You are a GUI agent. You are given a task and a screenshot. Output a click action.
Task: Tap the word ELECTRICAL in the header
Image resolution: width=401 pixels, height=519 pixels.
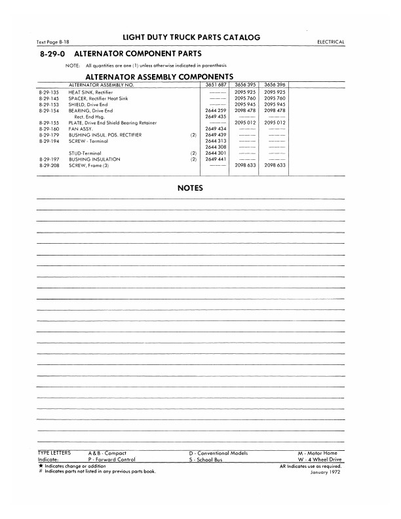pos(331,42)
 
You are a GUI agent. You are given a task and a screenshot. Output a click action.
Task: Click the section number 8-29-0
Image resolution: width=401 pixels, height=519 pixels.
pos(53,54)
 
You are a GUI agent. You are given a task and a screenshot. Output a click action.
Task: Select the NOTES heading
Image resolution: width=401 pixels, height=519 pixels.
pos(191,188)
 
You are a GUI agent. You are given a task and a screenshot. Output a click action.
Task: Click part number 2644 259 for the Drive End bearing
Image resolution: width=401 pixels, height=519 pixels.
pos(215,111)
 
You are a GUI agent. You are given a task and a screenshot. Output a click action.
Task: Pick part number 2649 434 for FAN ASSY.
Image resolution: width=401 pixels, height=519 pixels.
pos(215,129)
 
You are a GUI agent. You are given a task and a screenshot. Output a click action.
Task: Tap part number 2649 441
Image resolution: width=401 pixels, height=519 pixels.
pos(215,159)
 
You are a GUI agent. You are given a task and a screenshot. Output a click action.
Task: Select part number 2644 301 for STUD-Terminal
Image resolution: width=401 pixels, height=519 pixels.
pos(215,153)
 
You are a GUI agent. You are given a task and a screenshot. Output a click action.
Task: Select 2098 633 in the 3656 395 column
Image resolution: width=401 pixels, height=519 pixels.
pos(244,165)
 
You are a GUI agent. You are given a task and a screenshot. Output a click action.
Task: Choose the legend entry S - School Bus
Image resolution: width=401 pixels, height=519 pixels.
pos(206,459)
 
